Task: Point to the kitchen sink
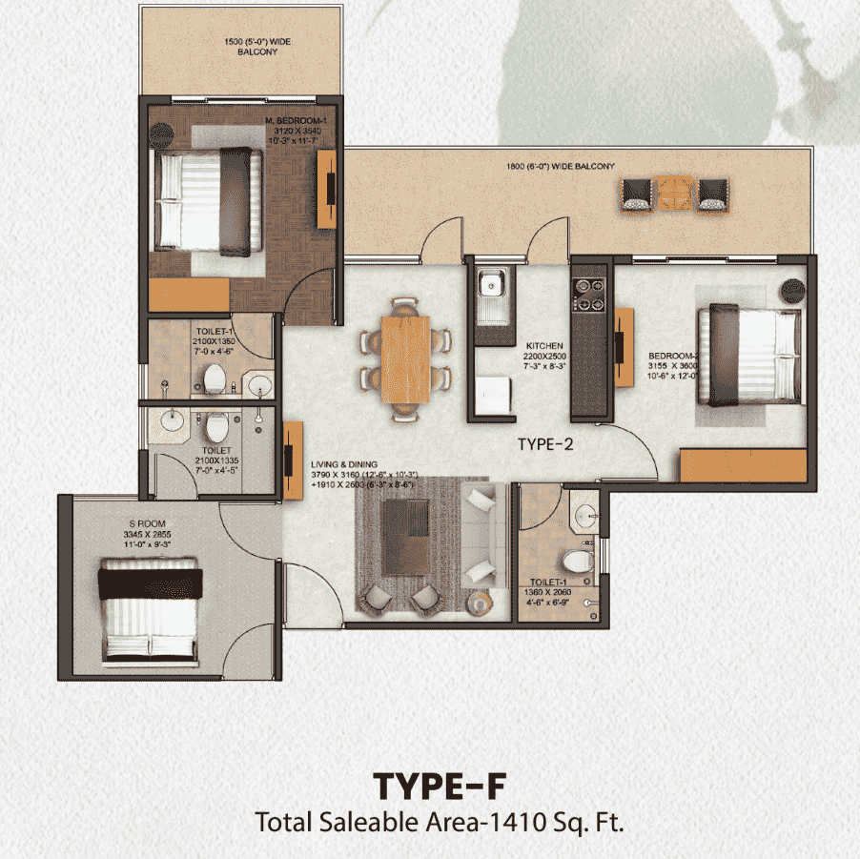click(x=492, y=283)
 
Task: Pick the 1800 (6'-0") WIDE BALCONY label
click(x=560, y=167)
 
